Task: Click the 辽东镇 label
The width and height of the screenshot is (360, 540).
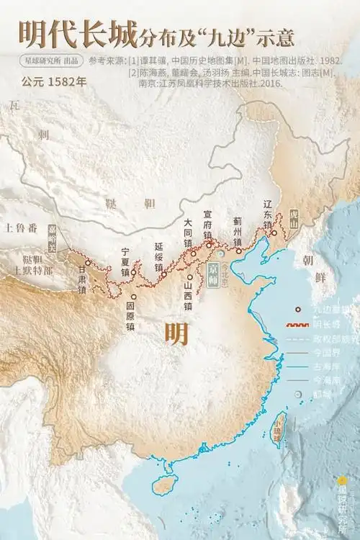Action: point(268,214)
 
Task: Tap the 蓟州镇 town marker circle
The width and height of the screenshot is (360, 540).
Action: point(239,251)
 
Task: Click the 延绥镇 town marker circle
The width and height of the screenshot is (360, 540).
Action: point(164,274)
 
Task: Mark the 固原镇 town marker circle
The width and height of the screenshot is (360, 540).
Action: point(133,296)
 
